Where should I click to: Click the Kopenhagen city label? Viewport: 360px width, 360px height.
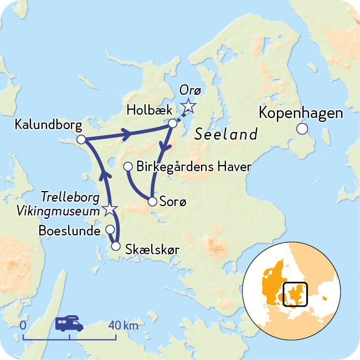301,114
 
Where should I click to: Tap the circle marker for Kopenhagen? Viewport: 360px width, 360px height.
302,129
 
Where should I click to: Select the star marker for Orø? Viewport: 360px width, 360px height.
189,105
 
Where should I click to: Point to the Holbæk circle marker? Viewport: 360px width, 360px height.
173,123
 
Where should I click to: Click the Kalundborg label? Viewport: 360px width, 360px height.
42,124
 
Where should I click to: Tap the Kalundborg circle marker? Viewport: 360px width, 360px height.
81,140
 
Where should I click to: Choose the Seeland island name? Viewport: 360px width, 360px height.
227,135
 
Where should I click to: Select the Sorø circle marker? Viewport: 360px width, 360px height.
152,202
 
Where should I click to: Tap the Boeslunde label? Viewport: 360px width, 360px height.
69,230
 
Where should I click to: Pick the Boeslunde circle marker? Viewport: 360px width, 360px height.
110,229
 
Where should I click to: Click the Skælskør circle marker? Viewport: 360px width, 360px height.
116,246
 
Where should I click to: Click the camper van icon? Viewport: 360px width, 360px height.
69,323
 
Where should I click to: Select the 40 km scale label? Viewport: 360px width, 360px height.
123,325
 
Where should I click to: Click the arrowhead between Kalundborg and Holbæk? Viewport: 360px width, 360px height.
126,133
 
